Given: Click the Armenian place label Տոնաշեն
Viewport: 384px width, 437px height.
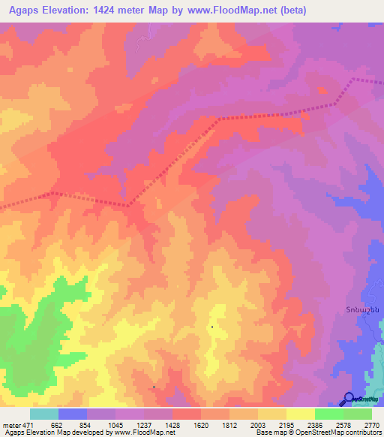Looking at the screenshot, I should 362,309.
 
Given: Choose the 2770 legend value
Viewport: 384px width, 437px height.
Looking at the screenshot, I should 372,425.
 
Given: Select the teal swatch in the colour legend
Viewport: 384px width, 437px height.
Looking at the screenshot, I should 44,414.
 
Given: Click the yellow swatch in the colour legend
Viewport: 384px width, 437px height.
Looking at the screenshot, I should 301,414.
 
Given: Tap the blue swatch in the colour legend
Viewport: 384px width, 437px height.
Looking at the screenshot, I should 73,414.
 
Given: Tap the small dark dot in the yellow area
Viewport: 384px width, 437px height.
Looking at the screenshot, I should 212,327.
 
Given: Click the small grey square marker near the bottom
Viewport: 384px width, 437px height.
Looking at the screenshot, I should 154,387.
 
